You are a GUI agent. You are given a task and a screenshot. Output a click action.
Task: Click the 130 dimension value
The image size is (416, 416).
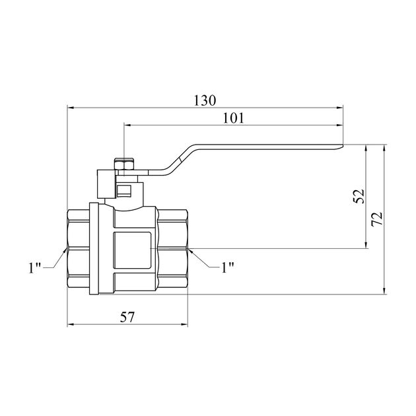(205, 100)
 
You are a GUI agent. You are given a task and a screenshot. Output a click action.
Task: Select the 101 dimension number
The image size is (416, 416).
(233, 118)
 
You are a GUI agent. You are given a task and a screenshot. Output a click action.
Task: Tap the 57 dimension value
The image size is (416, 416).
(127, 317)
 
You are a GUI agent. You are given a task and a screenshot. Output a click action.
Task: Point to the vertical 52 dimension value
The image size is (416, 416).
(359, 196)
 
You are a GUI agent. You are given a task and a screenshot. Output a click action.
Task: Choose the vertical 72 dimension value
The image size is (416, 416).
(377, 219)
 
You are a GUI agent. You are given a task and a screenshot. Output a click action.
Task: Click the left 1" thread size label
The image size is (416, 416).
(35, 267)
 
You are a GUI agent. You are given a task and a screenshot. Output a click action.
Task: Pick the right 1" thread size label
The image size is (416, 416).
(228, 267)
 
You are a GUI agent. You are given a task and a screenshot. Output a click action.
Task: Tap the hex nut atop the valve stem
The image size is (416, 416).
(124, 164)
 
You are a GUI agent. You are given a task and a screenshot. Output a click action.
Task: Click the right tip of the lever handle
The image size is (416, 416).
(343, 146)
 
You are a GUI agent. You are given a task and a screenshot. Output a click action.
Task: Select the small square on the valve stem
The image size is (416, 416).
(124, 191)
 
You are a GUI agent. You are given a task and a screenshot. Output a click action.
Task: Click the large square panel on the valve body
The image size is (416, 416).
(132, 250)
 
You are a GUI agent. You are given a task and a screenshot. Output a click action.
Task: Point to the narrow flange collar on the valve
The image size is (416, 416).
(94, 249)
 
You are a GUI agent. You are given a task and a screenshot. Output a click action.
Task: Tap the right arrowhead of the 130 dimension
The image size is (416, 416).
(340, 108)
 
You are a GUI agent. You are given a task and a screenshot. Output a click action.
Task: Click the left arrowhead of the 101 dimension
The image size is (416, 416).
(127, 125)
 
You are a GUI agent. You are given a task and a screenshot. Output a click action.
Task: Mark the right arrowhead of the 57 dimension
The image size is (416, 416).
(184, 324)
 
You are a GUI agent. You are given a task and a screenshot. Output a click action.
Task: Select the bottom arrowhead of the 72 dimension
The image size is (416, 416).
(384, 291)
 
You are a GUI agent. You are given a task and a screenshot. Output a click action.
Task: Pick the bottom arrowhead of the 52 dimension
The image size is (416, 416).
(366, 245)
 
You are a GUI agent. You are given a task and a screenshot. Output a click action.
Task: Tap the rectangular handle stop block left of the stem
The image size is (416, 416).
(107, 184)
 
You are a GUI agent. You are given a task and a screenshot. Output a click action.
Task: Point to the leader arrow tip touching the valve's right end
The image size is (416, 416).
(189, 250)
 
